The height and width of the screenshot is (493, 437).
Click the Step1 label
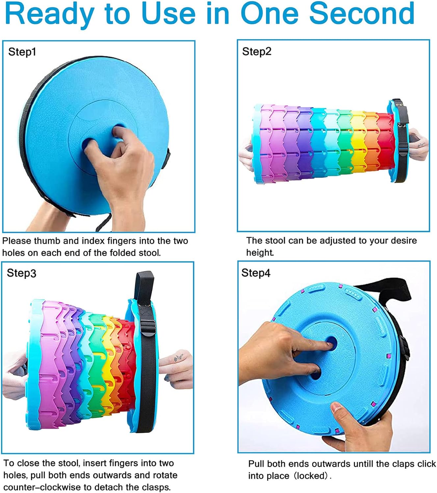[x=22, y=52]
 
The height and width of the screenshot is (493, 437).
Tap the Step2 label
[x=256, y=52]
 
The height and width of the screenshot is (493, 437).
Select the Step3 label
[x=21, y=273]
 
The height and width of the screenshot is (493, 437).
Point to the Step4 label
[x=256, y=273]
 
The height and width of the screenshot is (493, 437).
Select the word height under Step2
[x=260, y=253]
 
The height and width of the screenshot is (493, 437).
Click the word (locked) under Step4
[x=313, y=476]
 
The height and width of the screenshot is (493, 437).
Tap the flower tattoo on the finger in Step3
[x=179, y=358]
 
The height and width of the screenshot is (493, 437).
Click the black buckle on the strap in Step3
[x=148, y=328]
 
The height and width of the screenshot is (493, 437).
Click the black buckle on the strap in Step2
[x=403, y=147]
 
